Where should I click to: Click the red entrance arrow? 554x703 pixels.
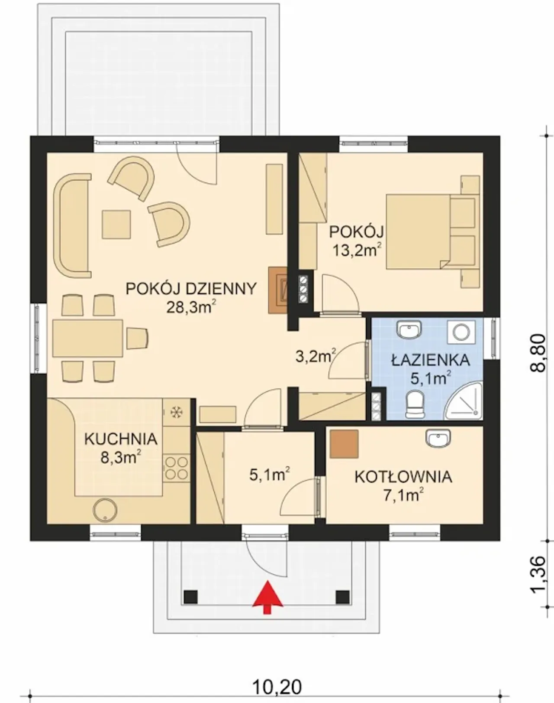(x=267, y=598)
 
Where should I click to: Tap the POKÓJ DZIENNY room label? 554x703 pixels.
(x=191, y=289)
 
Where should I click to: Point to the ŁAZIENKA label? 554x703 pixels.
(x=431, y=360)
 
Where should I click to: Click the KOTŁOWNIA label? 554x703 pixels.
(x=403, y=477)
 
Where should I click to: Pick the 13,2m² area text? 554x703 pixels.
(x=357, y=250)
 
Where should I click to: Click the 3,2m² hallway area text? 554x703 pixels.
(x=316, y=356)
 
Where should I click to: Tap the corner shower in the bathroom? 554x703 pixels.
(x=464, y=401)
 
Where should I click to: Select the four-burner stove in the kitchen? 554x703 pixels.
(x=177, y=468)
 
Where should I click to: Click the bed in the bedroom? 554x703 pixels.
(x=433, y=231)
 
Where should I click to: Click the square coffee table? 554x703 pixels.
(x=116, y=225)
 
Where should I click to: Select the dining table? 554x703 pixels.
(x=87, y=338)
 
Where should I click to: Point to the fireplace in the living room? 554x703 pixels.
(x=278, y=290)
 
